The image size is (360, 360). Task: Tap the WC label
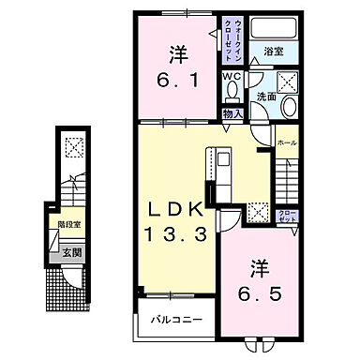(x=232, y=77)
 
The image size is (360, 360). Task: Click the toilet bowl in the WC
(x=232, y=93)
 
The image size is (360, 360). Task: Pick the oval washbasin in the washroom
(x=289, y=106)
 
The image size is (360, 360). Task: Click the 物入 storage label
(x=232, y=113)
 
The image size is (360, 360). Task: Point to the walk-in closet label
(x=234, y=38)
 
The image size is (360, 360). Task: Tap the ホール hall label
(x=287, y=142)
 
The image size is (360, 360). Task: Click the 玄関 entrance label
(x=71, y=250)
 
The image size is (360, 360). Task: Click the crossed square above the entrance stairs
(x=72, y=146)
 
